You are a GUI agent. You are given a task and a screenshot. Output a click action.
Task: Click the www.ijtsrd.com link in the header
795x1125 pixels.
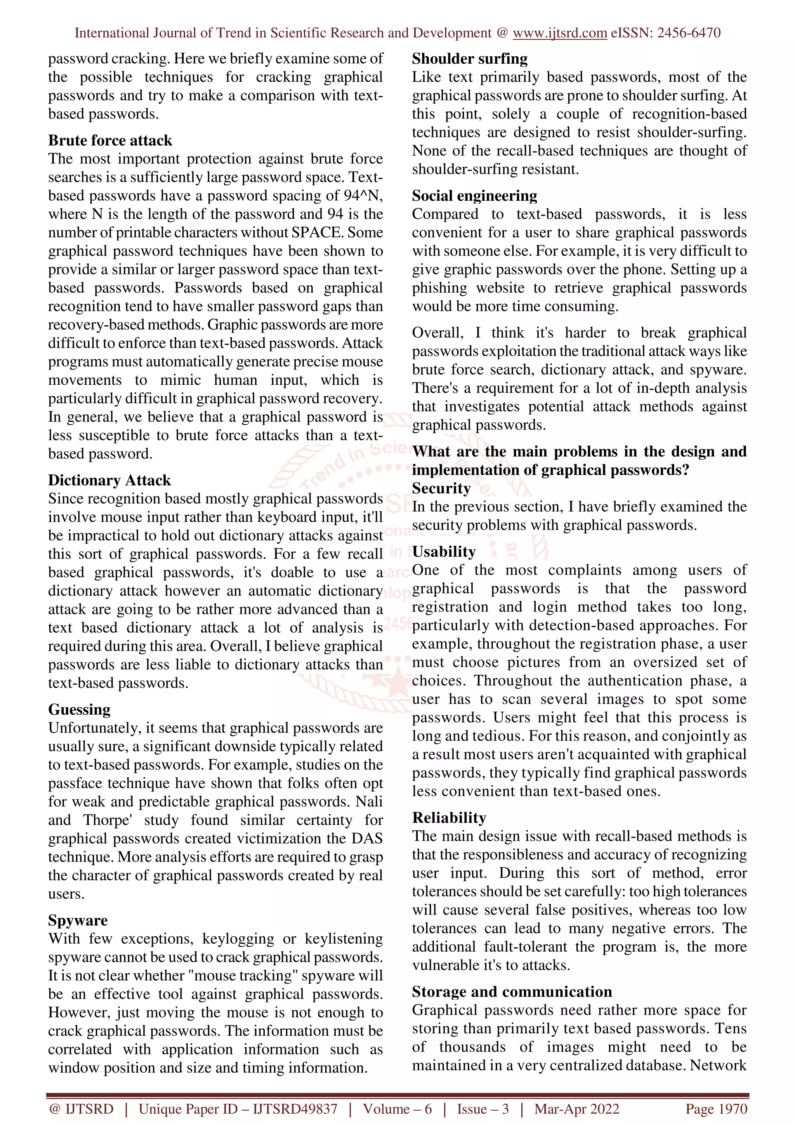[560, 33]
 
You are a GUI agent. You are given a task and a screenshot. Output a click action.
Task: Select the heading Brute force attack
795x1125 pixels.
[110, 141]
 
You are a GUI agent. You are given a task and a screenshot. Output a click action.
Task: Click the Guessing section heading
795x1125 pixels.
[79, 710]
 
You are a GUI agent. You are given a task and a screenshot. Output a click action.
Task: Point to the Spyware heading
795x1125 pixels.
[78, 920]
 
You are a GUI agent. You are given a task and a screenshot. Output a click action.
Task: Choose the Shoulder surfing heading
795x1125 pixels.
[470, 59]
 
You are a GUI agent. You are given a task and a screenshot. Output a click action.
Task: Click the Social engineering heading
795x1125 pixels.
[474, 196]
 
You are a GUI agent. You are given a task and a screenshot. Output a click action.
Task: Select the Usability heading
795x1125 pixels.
[444, 552]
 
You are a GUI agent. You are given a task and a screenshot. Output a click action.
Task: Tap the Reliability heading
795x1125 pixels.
[449, 818]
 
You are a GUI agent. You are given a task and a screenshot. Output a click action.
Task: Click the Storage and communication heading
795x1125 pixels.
[512, 992]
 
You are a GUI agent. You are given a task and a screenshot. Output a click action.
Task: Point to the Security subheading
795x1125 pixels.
[441, 488]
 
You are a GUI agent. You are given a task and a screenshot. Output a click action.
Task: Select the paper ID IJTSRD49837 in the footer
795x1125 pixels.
[295, 1109]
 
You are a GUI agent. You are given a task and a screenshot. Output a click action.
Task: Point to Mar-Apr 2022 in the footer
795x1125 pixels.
[576, 1109]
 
